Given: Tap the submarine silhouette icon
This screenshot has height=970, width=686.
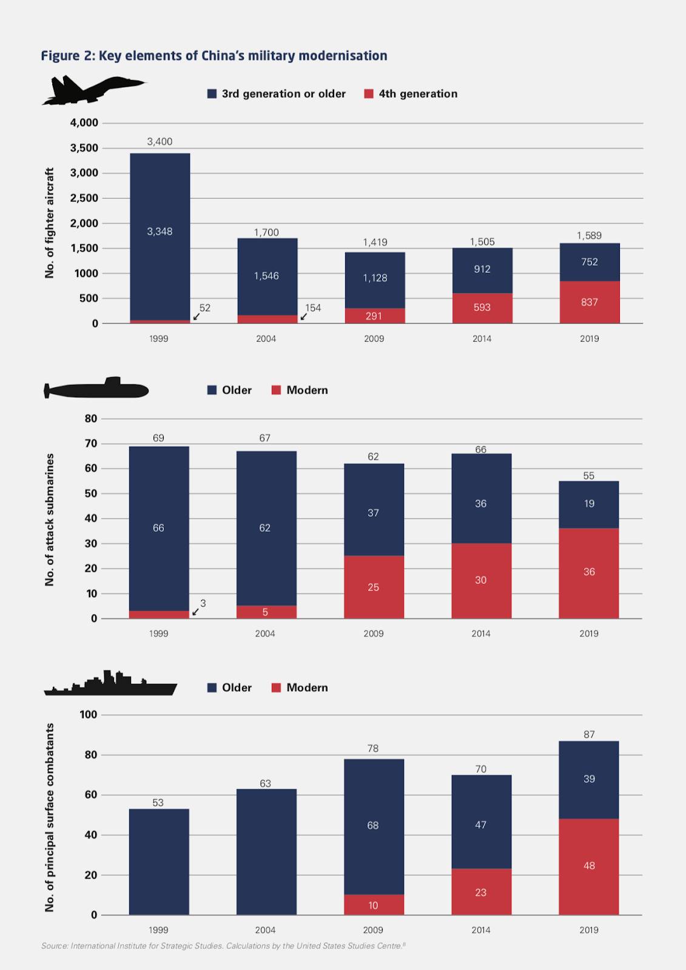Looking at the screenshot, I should (97, 389).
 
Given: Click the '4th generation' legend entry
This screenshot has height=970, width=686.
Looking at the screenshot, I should (411, 94).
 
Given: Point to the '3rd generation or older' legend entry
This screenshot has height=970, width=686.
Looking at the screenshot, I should (277, 94).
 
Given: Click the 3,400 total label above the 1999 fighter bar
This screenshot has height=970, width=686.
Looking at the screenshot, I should (160, 142).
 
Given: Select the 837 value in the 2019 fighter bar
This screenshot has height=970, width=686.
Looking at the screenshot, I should (589, 302).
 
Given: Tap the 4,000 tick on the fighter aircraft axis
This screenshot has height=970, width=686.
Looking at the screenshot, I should (84, 122).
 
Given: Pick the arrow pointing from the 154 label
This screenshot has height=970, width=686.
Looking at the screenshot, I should (304, 316).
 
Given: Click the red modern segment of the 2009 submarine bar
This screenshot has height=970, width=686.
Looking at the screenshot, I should (374, 587).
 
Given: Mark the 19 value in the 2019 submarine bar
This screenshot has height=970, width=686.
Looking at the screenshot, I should (589, 504).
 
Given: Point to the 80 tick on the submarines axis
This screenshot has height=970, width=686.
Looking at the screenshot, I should (91, 418).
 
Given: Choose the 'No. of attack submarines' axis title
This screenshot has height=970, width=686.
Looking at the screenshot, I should (50, 519).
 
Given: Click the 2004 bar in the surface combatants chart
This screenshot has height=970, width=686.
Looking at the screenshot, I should (266, 852).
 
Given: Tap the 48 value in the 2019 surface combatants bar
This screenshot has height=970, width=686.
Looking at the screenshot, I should (589, 866).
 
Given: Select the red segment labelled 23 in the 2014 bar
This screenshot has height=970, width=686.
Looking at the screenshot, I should (481, 892).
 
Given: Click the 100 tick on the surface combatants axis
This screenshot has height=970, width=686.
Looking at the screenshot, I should (89, 714).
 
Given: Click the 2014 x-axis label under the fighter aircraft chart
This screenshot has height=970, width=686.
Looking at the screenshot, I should (482, 339).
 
